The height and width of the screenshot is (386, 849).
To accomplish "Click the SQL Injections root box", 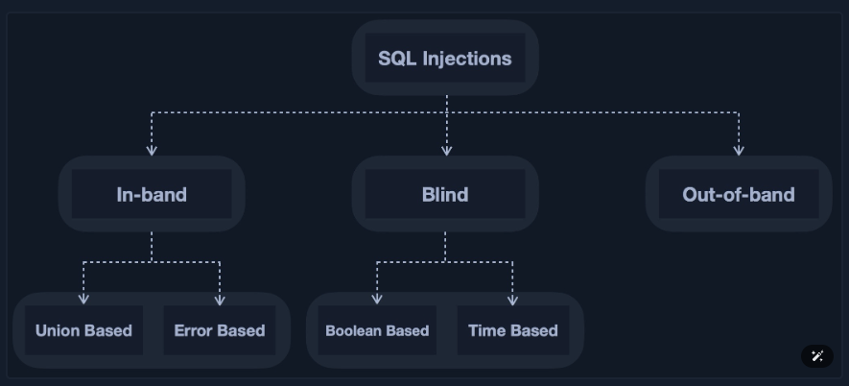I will point(445,58).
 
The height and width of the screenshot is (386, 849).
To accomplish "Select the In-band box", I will point(152,194).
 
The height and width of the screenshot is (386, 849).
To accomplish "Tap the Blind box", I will point(445,194).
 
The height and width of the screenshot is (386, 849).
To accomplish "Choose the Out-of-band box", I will point(738,194).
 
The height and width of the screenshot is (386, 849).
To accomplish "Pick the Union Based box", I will point(83,330).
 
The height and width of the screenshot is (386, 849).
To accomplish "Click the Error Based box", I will point(220,330).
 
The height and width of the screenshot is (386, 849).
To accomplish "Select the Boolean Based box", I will point(377,330).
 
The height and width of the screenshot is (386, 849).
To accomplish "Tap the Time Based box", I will point(513,330).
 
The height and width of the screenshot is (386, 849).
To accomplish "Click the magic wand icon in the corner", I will point(817,356).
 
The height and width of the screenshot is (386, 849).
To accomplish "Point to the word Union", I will point(58,330).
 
